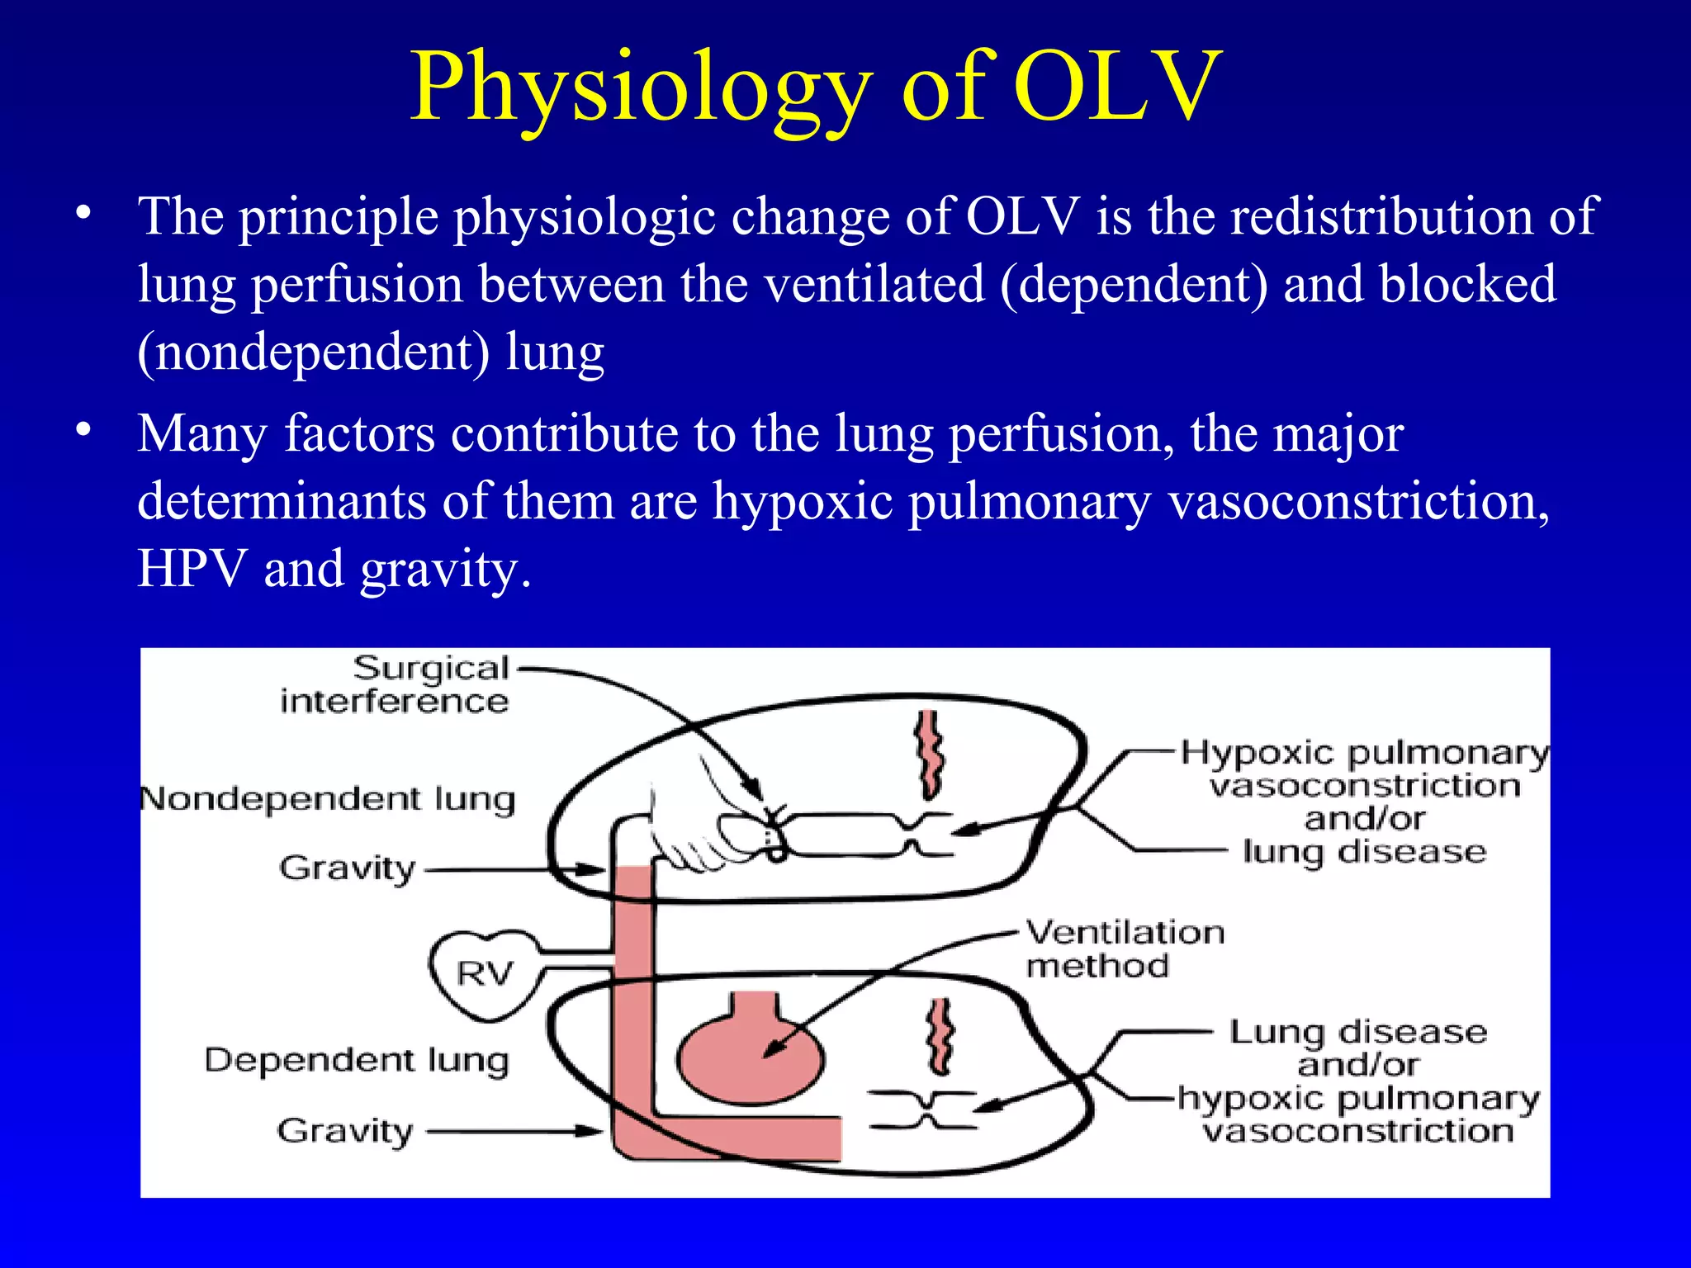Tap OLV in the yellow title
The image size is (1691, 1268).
click(x=1116, y=88)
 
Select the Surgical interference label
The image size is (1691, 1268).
click(x=395, y=684)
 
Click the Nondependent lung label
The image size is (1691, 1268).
click(x=328, y=799)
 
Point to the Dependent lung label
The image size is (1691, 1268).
click(x=356, y=1060)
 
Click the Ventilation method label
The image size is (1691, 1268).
click(x=1125, y=949)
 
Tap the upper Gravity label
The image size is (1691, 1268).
click(x=347, y=868)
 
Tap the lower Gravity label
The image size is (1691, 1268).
click(x=344, y=1131)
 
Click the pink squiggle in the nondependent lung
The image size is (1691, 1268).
click(x=931, y=754)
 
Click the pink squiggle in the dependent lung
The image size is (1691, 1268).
click(x=940, y=1036)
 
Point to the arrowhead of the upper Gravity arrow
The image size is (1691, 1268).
click(x=596, y=869)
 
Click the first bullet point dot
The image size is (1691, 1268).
click(x=82, y=214)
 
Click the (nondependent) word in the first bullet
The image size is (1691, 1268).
click(x=313, y=352)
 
